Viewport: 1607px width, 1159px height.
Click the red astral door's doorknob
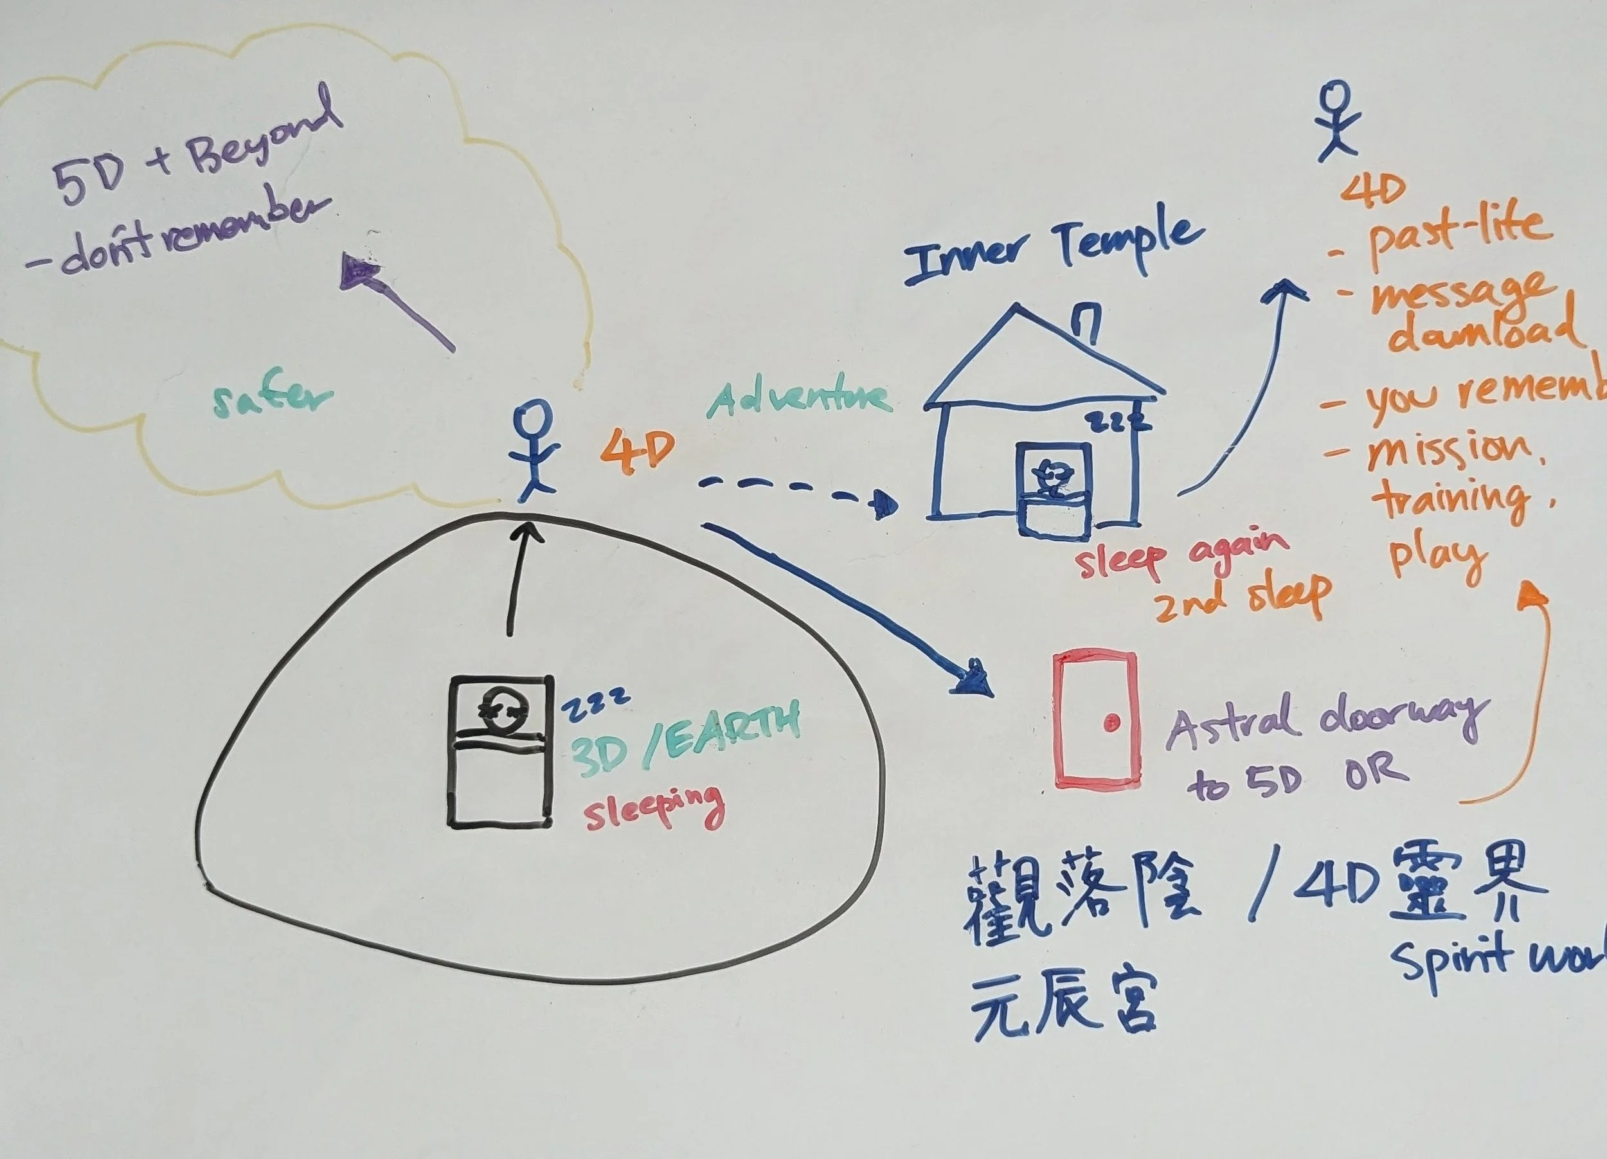point(1111,723)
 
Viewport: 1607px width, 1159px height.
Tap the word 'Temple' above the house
point(1129,242)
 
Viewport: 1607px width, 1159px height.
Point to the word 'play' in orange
point(1435,560)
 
